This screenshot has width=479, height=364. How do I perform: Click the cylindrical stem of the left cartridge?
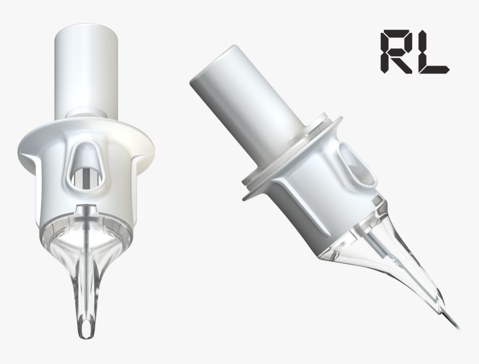click(87, 72)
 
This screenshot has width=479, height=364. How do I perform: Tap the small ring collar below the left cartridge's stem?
click(87, 112)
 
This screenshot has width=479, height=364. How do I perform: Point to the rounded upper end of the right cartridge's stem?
click(206, 72)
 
